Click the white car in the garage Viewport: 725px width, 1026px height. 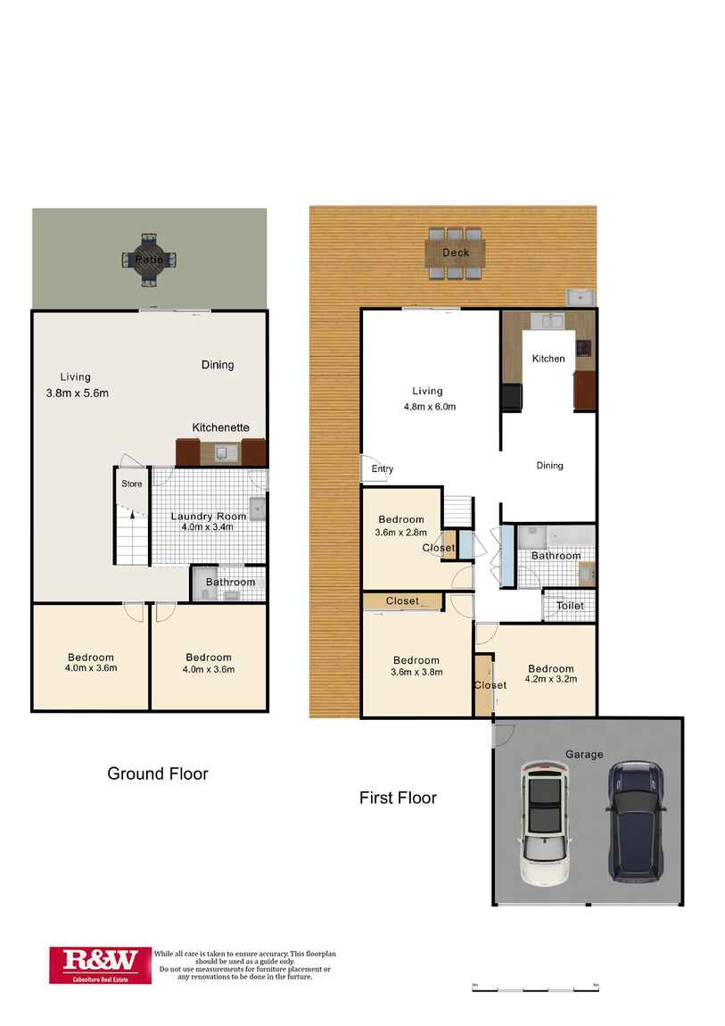[x=545, y=822]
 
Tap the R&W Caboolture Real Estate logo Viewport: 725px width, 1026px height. [x=100, y=964]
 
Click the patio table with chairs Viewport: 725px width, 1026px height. [x=148, y=260]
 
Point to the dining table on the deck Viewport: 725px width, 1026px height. [x=456, y=252]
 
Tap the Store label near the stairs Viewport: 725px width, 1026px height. [x=132, y=484]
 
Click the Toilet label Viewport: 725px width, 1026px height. [x=570, y=606]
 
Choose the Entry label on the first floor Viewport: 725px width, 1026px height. [x=383, y=469]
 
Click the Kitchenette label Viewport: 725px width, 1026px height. [x=221, y=428]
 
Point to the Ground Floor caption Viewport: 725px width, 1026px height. [x=158, y=774]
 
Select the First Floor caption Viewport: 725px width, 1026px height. [x=398, y=798]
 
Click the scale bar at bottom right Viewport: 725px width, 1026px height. [x=534, y=989]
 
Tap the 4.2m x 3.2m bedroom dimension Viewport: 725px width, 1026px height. [x=550, y=679]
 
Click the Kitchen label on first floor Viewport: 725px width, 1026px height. [x=548, y=359]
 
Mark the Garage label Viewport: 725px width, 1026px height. [x=584, y=754]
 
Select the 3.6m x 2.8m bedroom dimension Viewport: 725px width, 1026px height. [x=400, y=534]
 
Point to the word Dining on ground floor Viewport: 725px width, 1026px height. [x=218, y=364]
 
